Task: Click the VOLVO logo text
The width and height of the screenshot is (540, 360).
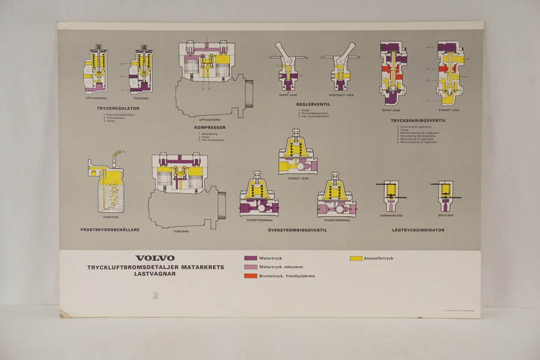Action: click(155, 258)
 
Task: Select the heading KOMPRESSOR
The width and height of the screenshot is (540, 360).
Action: click(209, 128)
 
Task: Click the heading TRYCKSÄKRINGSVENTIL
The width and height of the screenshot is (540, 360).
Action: click(418, 120)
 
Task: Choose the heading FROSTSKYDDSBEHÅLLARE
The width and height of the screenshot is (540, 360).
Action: click(110, 229)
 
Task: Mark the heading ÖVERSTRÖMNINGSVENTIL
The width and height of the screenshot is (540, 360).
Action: click(297, 229)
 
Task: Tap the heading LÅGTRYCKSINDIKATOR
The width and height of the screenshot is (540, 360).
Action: click(418, 229)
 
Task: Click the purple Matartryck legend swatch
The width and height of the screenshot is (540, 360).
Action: click(251, 258)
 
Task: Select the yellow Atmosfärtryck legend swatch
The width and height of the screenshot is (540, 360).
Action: click(356, 258)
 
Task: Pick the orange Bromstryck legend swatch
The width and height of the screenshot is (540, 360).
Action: click(251, 275)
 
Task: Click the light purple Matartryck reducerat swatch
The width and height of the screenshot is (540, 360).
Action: click(251, 266)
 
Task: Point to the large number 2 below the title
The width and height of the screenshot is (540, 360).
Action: click(155, 295)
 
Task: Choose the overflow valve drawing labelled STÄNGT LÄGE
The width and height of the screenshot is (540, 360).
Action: click(298, 152)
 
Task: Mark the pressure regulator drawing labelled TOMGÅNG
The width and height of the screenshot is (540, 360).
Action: click(141, 70)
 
